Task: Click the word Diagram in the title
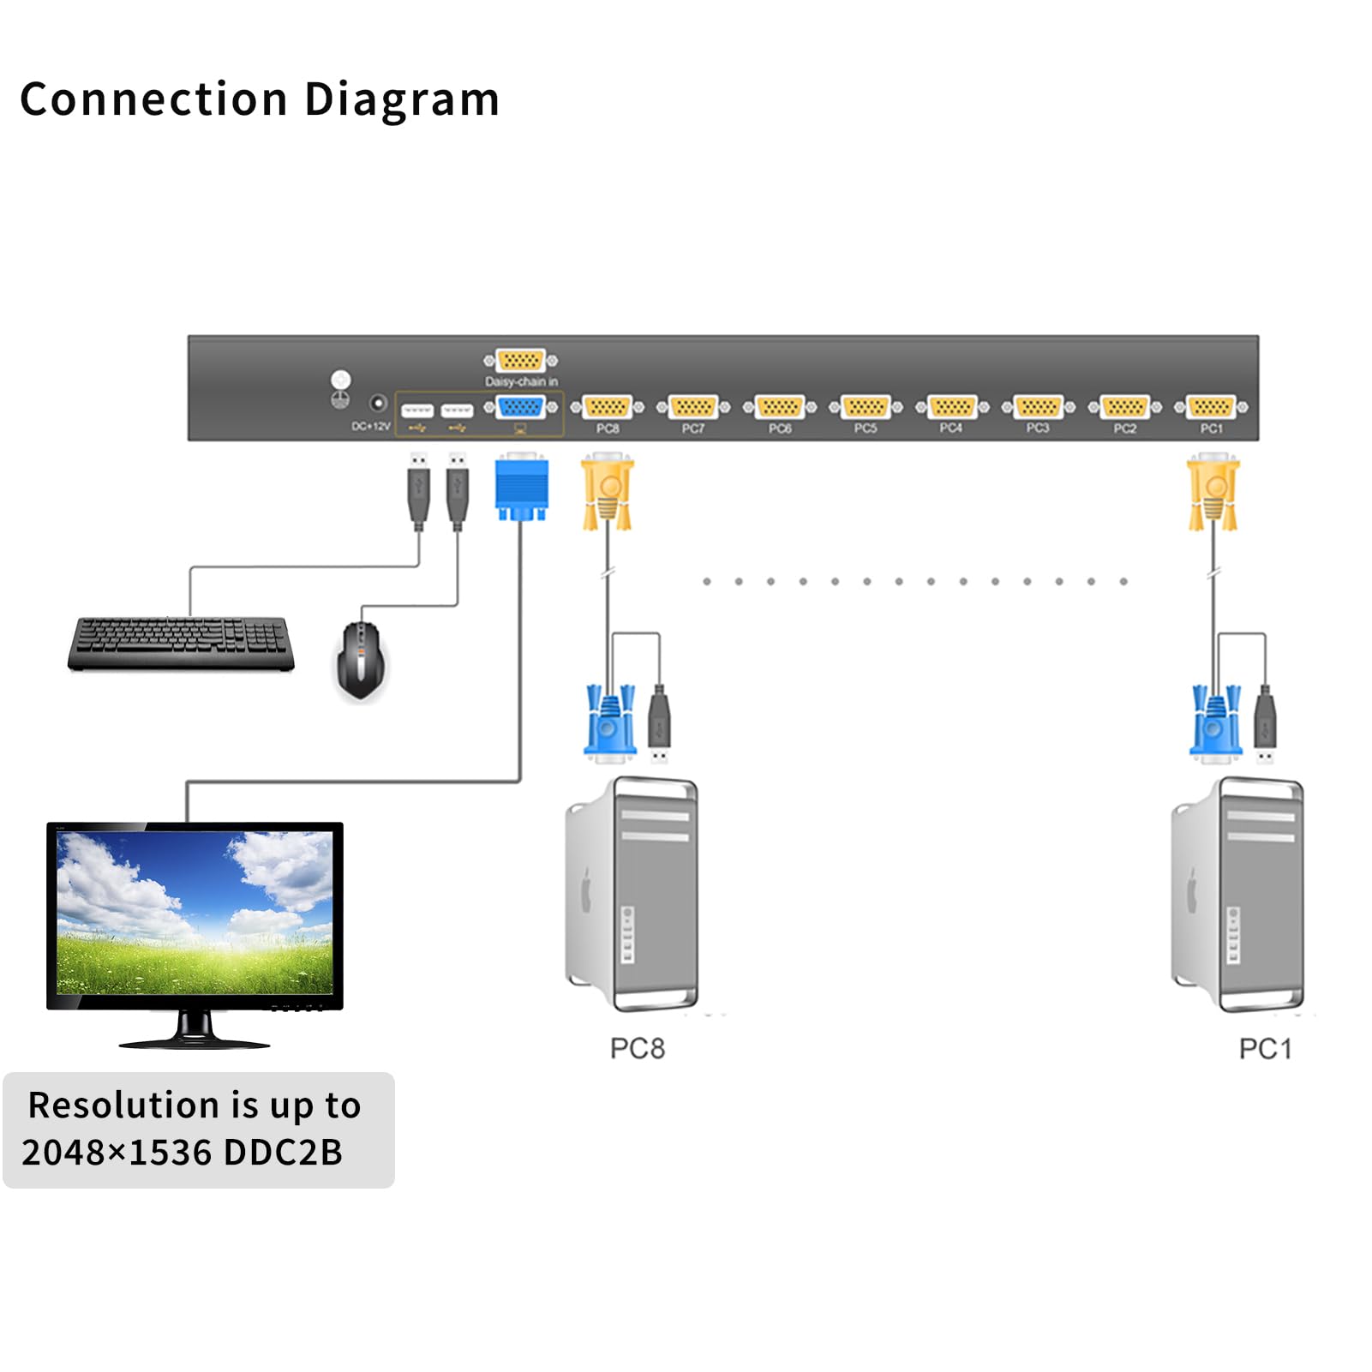click(401, 100)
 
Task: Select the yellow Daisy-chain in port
click(520, 361)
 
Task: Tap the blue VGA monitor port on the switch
click(520, 407)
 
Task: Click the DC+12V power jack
click(377, 403)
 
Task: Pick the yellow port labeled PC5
click(866, 407)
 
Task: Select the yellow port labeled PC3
click(1038, 407)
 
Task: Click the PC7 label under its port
click(692, 428)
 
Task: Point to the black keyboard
click(181, 643)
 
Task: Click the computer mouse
click(360, 660)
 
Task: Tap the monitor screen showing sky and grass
click(194, 912)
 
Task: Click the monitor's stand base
click(195, 1042)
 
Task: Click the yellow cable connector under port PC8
click(608, 494)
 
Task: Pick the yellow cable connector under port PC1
click(1213, 494)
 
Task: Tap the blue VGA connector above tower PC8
click(609, 724)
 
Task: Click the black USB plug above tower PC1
click(1265, 720)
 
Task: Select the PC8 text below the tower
click(637, 1048)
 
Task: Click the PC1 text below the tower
click(1265, 1048)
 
